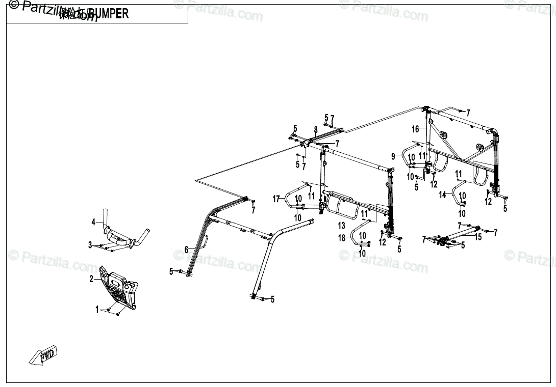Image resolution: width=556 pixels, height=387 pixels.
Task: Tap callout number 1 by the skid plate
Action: coord(97,309)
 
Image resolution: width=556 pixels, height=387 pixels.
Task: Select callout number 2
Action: coord(91,279)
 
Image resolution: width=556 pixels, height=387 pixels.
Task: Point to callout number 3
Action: coord(90,245)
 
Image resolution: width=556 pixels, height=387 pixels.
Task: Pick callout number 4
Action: coord(93,222)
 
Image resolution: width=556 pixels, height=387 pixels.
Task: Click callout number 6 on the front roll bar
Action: coord(187,250)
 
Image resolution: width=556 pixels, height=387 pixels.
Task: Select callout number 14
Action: coord(442,195)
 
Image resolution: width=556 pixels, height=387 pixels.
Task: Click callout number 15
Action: coord(478,237)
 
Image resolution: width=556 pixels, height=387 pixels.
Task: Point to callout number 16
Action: coord(415,129)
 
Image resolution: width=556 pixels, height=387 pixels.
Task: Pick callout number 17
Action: coord(276,199)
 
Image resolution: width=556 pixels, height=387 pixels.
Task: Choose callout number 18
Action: coord(342,238)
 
